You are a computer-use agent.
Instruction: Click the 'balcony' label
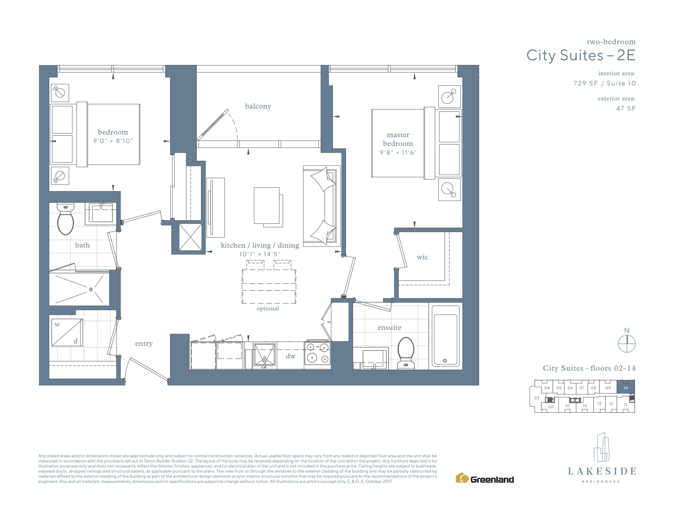tap(258, 106)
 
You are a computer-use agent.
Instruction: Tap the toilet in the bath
tap(65, 218)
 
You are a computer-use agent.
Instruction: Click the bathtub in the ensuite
tap(445, 335)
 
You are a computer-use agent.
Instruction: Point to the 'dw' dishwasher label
tap(290, 356)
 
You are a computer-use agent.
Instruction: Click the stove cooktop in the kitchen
tap(318, 355)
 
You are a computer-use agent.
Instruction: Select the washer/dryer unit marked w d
tap(67, 332)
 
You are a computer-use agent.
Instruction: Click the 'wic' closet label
tap(422, 257)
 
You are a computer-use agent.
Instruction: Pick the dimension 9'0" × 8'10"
tap(113, 141)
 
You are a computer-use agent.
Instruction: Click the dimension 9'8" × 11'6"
tap(398, 153)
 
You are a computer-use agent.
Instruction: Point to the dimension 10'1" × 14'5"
tap(260, 254)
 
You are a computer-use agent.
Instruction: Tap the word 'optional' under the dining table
tap(268, 308)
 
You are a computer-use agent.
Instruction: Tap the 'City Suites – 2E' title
tap(581, 56)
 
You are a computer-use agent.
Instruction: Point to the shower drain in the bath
tap(91, 289)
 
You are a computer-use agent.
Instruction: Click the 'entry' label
tap(144, 344)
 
